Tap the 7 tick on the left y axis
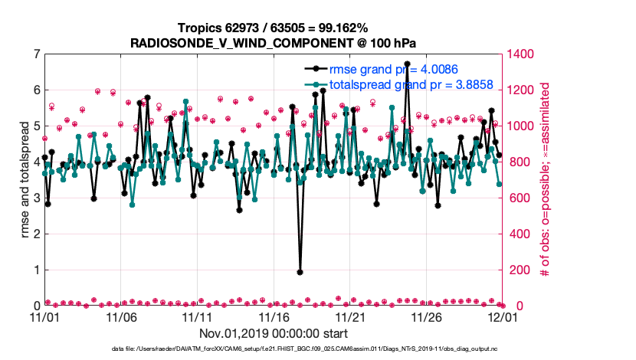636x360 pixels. (37, 54)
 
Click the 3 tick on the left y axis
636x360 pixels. (37, 198)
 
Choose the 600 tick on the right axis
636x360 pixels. (521, 198)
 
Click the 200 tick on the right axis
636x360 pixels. (521, 270)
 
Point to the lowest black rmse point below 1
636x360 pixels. (300, 272)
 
